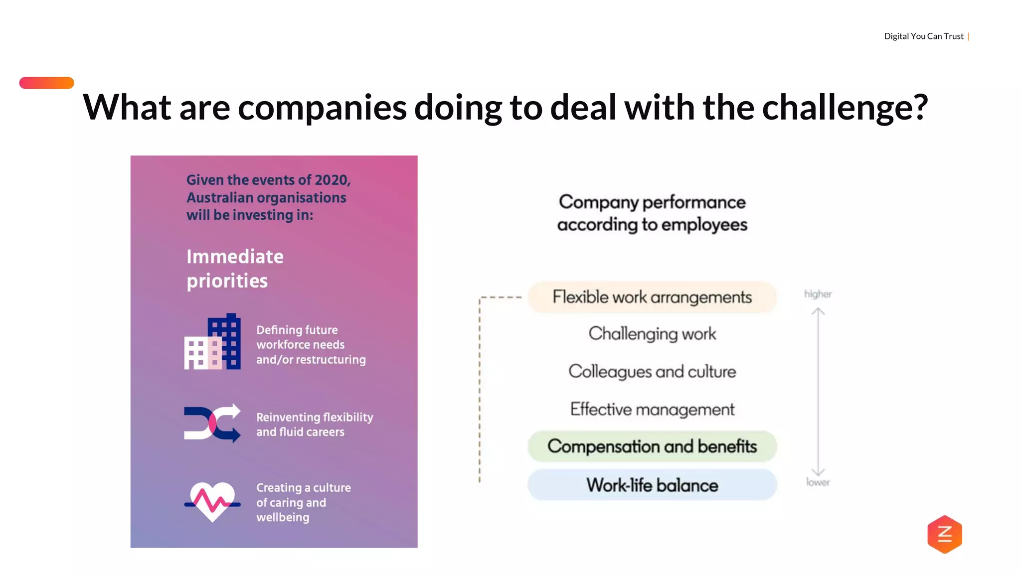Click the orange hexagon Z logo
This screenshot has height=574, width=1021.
tap(944, 534)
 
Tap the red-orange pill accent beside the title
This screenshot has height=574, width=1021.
tap(46, 83)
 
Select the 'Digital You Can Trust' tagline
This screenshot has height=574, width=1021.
tap(923, 36)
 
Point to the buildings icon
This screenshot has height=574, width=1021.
tap(212, 342)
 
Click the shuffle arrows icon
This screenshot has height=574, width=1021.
tap(212, 423)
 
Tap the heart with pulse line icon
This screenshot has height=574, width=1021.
tap(212, 501)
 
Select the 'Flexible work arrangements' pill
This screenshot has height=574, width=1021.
tap(652, 297)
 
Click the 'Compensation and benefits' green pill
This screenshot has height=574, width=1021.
tap(652, 446)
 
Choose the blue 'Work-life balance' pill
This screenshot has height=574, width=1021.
tap(652, 485)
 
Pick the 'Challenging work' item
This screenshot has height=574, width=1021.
tap(652, 333)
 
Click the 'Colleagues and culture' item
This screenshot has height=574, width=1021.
tap(652, 372)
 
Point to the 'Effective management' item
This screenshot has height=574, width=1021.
tap(652, 409)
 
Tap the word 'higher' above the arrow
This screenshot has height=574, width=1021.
tap(818, 294)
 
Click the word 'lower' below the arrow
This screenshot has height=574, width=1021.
tap(818, 482)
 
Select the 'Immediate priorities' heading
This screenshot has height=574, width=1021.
tap(235, 269)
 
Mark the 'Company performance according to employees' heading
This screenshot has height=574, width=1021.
tap(652, 213)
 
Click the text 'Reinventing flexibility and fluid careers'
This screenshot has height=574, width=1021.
tap(314, 425)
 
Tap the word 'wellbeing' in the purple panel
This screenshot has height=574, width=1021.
tap(283, 517)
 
